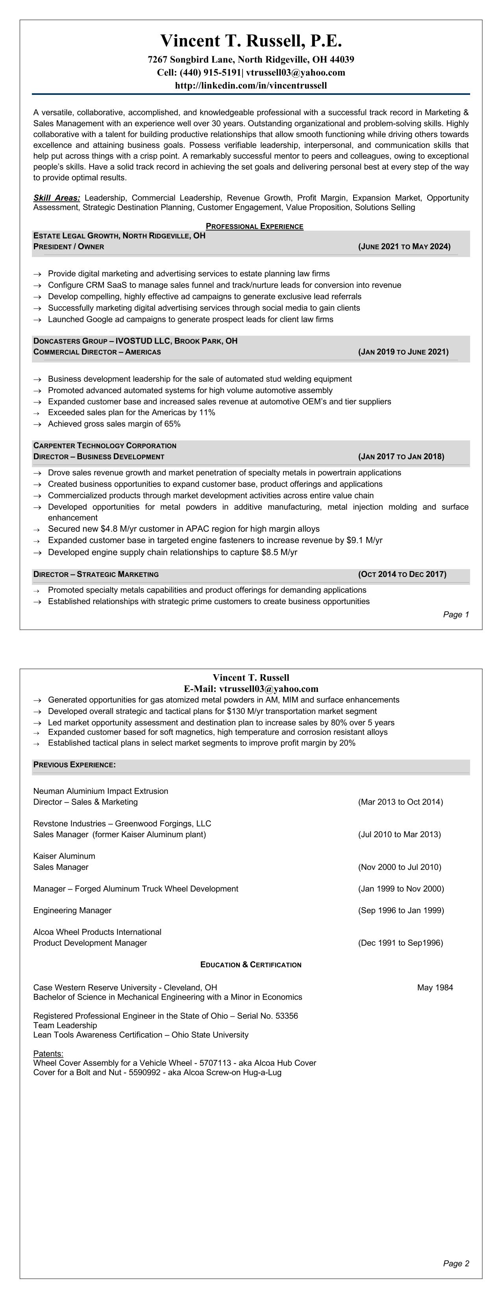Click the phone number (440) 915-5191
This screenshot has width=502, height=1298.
(210, 72)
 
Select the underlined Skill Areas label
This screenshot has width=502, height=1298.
(56, 198)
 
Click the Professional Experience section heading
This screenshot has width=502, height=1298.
(254, 226)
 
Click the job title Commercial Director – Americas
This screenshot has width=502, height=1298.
(97, 352)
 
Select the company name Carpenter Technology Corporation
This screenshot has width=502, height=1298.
(104, 446)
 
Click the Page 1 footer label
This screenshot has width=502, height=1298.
(456, 615)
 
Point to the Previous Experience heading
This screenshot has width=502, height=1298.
(74, 765)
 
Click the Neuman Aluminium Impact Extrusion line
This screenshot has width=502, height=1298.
(100, 791)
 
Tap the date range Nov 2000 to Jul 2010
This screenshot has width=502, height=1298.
(399, 867)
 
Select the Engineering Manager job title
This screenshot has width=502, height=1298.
(72, 910)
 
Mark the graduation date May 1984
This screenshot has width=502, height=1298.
(434, 987)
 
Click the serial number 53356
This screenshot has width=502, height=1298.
(286, 1016)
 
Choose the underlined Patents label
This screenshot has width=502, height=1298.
(48, 1054)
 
